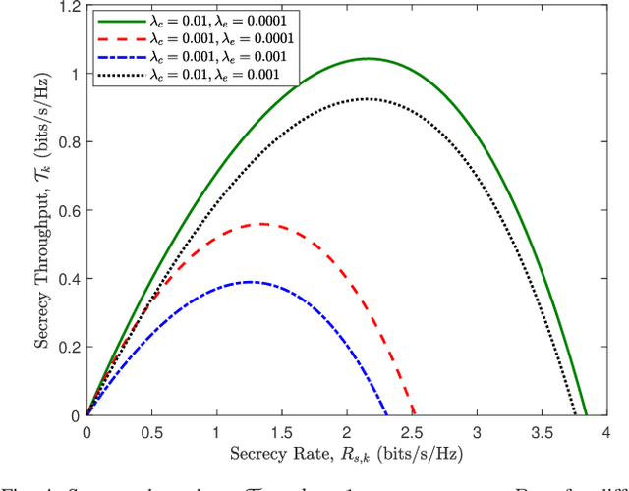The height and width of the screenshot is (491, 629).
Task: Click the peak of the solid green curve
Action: click(370, 59)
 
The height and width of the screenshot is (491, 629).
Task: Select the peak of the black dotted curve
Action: click(368, 99)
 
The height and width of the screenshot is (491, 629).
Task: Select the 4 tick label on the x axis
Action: click(606, 433)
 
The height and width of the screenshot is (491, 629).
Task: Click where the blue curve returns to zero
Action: click(386, 415)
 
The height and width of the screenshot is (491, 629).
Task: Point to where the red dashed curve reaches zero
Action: click(415, 415)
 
